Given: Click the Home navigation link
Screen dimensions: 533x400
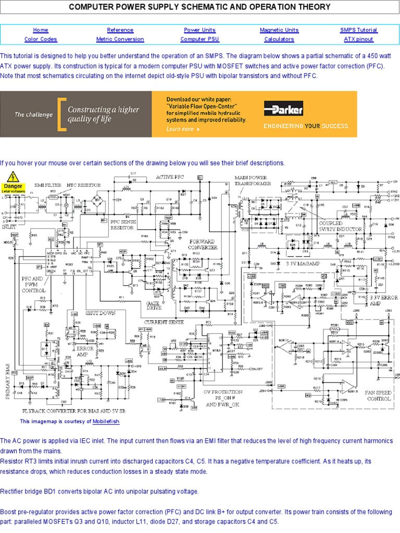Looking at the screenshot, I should click(40, 30).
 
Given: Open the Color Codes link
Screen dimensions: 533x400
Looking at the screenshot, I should click(40, 39).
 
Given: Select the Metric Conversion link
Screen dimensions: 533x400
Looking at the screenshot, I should click(120, 39).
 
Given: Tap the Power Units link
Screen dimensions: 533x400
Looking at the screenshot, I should click(199, 30).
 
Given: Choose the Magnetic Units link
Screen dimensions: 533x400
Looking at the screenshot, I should click(279, 30).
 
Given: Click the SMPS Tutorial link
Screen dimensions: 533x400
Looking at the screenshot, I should click(358, 30).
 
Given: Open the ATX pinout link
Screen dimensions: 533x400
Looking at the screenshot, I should click(358, 39).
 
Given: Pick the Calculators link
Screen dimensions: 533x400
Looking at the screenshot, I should click(279, 39).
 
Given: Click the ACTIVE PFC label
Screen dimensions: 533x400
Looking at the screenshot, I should click(170, 177).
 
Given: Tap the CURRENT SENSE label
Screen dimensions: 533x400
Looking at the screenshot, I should click(164, 322).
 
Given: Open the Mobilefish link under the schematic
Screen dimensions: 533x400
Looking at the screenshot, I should click(106, 422).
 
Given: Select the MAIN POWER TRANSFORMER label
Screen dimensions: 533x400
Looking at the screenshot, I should click(252, 180).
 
